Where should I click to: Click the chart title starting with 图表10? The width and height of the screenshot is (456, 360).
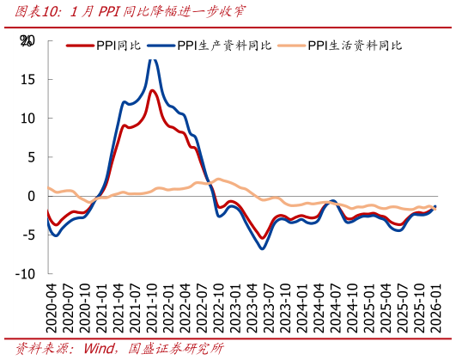click(x=124, y=11)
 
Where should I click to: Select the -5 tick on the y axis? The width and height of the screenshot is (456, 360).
click(x=28, y=235)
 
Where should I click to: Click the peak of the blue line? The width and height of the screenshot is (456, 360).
click(x=152, y=58)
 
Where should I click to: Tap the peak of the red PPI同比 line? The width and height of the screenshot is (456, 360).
click(x=152, y=90)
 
